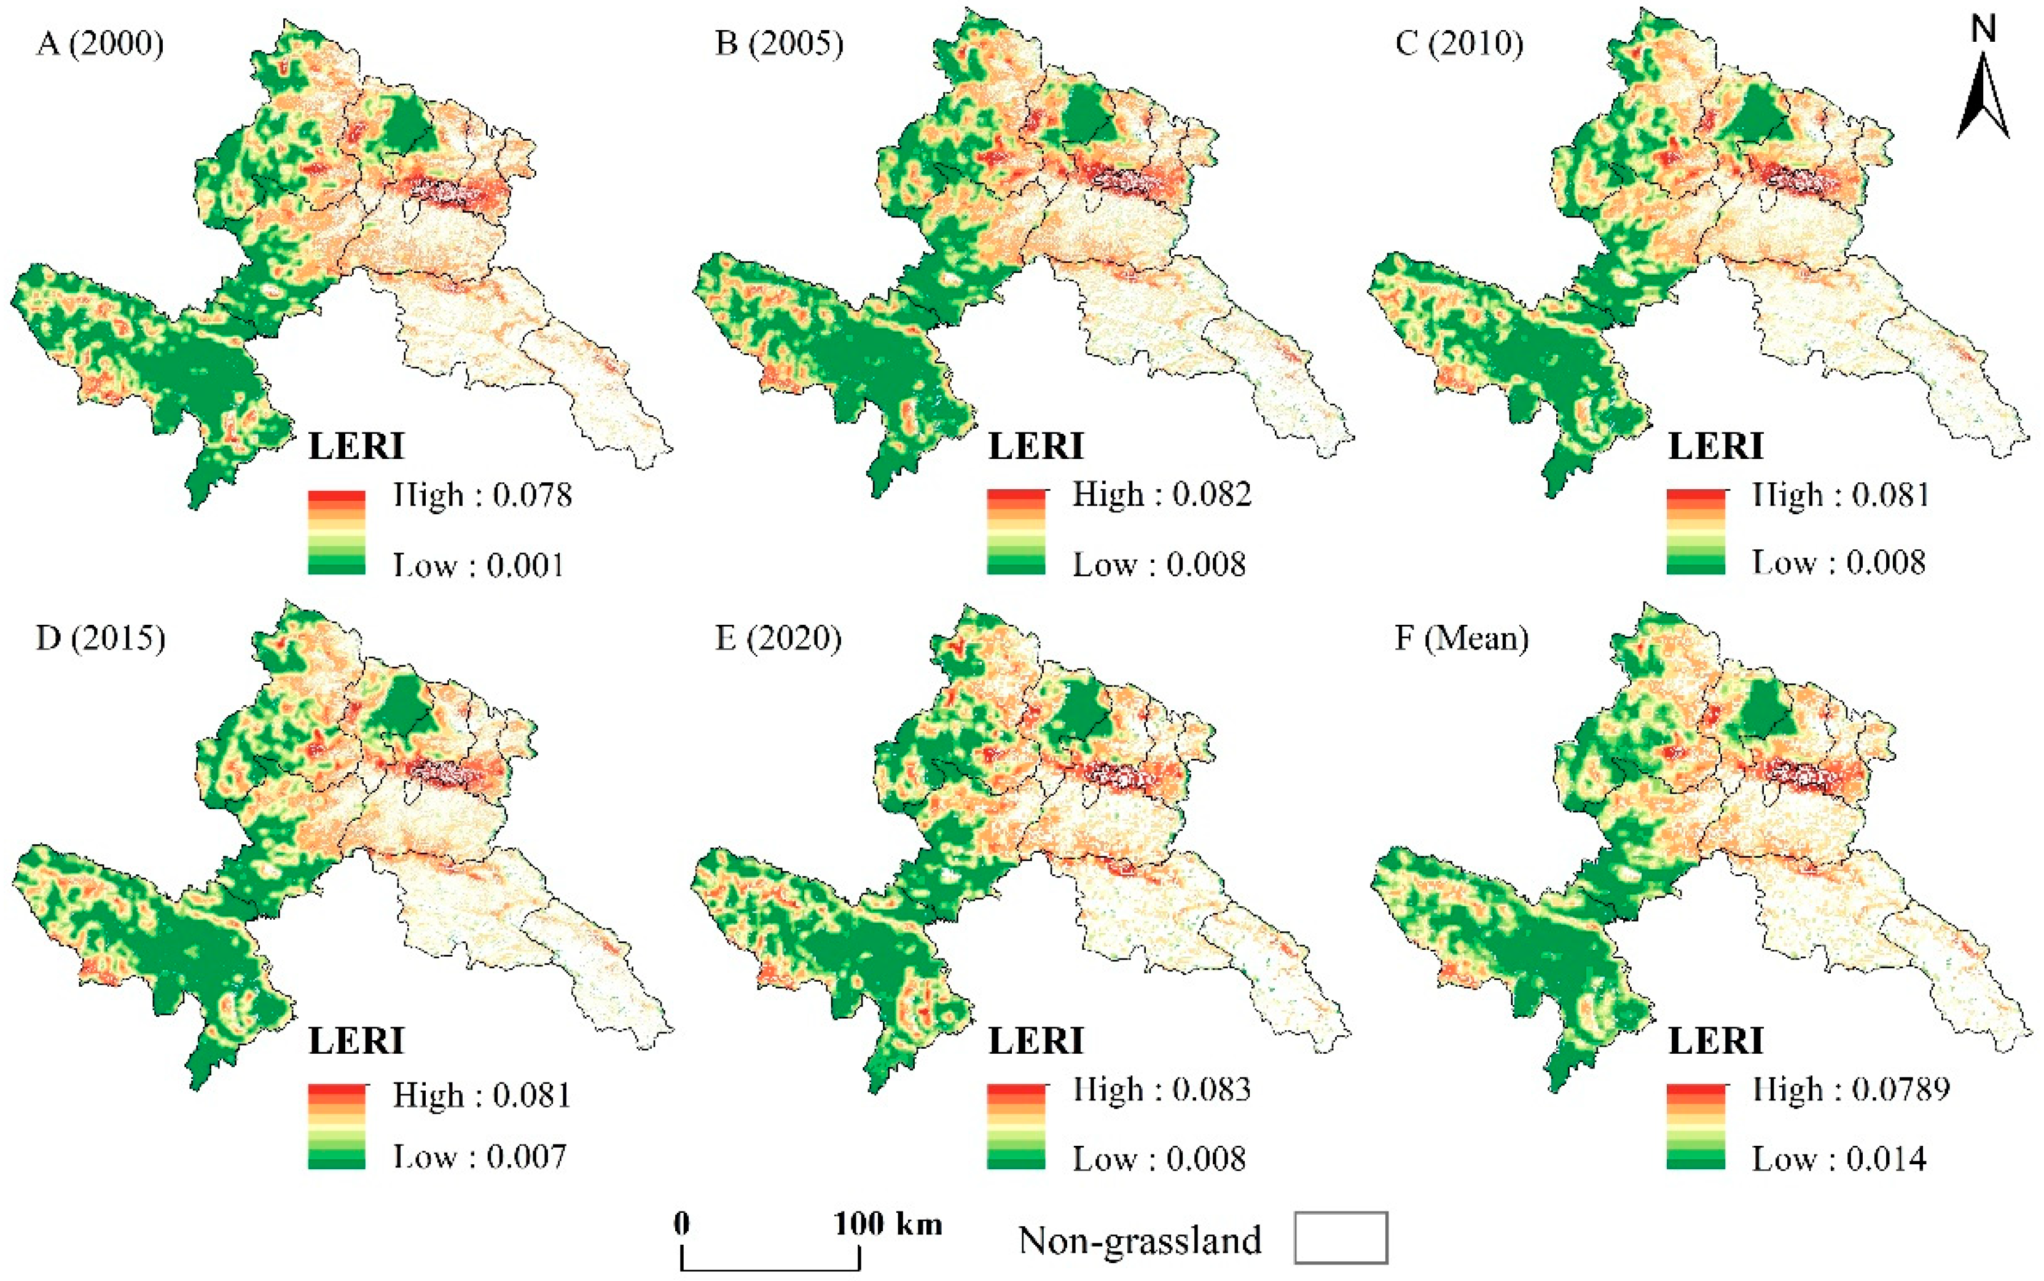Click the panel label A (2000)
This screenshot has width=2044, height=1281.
(100, 42)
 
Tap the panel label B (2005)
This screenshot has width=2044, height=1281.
(779, 42)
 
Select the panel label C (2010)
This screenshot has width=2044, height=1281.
(1459, 42)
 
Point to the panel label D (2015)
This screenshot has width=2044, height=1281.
(100, 637)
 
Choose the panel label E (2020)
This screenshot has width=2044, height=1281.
(778, 637)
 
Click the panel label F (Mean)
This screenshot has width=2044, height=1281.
(1461, 637)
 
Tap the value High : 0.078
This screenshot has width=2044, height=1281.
(482, 495)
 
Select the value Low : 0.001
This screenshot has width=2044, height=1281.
(479, 564)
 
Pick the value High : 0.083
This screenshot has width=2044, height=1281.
(1161, 1089)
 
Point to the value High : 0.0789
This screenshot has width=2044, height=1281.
(1851, 1089)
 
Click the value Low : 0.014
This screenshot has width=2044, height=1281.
(1839, 1159)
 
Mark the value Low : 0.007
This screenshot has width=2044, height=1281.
(479, 1156)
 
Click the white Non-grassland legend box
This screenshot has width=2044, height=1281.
(1340, 1238)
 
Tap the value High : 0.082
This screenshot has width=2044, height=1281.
(1161, 495)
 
